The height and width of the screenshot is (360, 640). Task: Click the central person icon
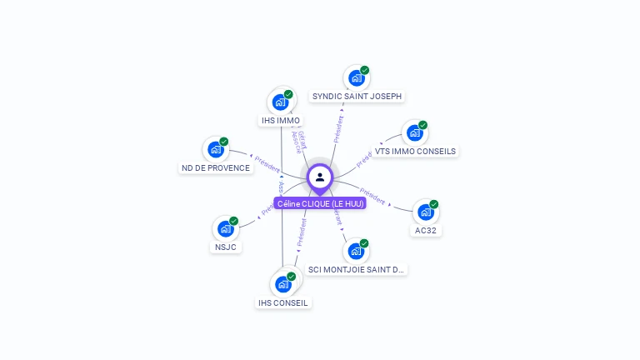click(x=320, y=177)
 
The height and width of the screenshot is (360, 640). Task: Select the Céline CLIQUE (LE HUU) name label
click(x=320, y=203)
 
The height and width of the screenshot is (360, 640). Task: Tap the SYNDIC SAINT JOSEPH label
click(x=357, y=97)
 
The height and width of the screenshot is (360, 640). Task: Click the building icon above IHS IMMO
click(x=281, y=102)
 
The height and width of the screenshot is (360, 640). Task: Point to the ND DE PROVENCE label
click(x=215, y=168)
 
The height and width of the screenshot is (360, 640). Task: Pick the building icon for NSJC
click(x=225, y=229)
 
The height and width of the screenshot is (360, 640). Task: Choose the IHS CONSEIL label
click(x=283, y=302)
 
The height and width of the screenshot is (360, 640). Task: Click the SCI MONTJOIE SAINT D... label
click(x=356, y=269)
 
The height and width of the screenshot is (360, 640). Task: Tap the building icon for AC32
click(x=426, y=212)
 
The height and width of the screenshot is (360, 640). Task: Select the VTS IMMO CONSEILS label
click(x=415, y=152)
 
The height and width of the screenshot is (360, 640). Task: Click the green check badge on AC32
click(x=434, y=204)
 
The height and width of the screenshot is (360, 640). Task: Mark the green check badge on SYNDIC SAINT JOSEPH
click(x=364, y=71)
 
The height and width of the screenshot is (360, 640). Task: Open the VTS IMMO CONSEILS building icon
click(x=413, y=133)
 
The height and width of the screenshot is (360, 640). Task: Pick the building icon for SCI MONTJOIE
click(x=356, y=251)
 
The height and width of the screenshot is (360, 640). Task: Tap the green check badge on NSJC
click(x=233, y=222)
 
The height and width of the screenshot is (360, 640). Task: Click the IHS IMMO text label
click(x=281, y=121)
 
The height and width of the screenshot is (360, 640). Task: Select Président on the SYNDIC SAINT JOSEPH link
click(x=339, y=128)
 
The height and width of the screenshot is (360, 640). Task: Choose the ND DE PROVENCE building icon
click(x=216, y=150)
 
